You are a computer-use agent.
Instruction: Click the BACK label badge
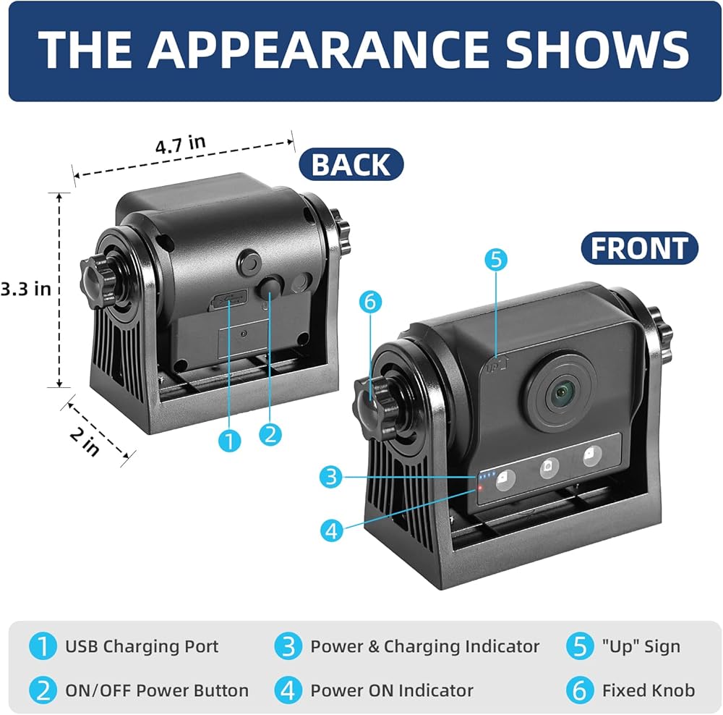pyautogui.click(x=351, y=164)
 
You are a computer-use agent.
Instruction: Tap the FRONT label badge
pyautogui.click(x=640, y=248)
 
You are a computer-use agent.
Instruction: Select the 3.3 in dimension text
pyautogui.click(x=25, y=288)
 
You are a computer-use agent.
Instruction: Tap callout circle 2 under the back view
pyautogui.click(x=270, y=434)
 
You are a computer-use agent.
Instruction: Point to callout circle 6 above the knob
pyautogui.click(x=369, y=302)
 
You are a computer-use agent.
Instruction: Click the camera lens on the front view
pyautogui.click(x=561, y=394)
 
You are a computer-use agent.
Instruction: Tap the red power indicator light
pyautogui.click(x=478, y=490)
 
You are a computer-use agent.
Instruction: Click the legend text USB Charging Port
pyautogui.click(x=142, y=646)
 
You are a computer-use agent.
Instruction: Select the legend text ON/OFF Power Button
pyautogui.click(x=157, y=690)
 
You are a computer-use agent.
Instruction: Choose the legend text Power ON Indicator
pyautogui.click(x=392, y=690)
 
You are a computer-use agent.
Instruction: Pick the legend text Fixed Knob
pyautogui.click(x=648, y=690)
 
